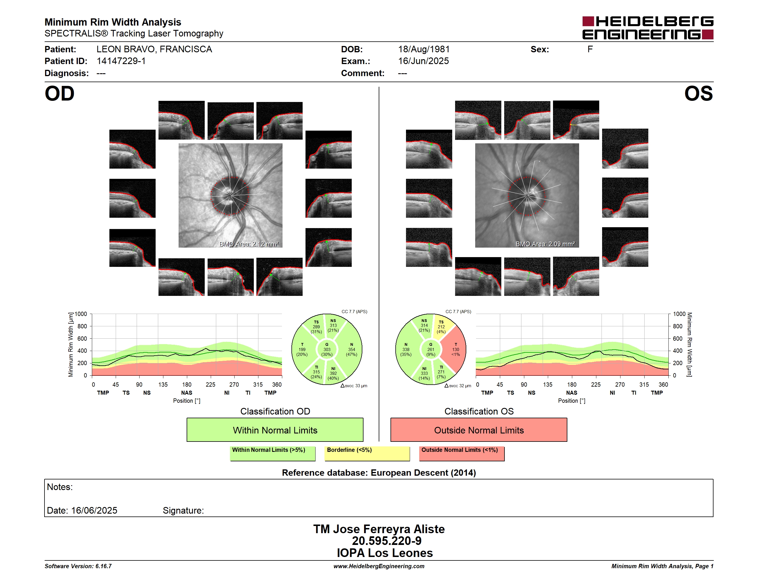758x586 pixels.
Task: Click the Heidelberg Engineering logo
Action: point(648,28)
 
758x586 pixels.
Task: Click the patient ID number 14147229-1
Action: point(121,61)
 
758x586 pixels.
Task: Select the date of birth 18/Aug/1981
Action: point(424,49)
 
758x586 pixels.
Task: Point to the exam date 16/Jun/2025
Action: point(424,61)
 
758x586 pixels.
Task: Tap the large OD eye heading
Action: point(59,94)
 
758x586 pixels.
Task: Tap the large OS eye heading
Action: point(699,94)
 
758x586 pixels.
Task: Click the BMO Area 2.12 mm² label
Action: point(249,244)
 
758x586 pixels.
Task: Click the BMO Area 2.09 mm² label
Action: point(545,244)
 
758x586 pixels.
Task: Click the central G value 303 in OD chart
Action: point(327,350)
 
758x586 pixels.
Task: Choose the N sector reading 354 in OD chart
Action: point(352,350)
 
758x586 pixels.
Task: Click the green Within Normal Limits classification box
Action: point(275,430)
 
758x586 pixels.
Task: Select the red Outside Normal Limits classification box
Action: point(479,430)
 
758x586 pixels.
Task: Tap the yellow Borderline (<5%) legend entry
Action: point(367,453)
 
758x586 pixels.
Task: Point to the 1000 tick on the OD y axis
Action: point(81,314)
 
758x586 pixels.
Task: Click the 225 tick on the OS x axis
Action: point(596,384)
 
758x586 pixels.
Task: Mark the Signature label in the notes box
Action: point(183,510)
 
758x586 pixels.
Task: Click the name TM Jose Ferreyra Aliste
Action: point(379,529)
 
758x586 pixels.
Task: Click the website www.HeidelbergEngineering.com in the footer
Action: point(379,566)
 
